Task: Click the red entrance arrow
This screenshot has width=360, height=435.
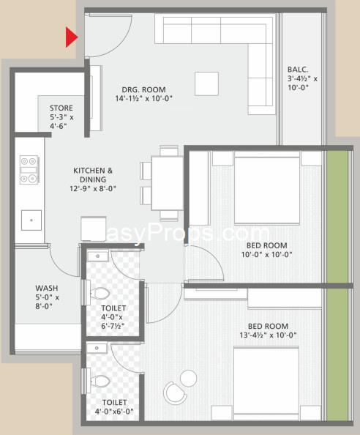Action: pyautogui.click(x=71, y=37)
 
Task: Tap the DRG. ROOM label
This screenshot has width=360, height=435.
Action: pyautogui.click(x=144, y=89)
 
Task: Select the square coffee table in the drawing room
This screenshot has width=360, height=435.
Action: pyautogui.click(x=206, y=83)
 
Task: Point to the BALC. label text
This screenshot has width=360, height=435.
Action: pyautogui.click(x=298, y=70)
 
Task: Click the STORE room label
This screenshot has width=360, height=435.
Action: pyautogui.click(x=61, y=108)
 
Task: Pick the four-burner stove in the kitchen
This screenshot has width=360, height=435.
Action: pyautogui.click(x=29, y=170)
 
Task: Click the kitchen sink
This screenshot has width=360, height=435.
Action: pyautogui.click(x=31, y=220)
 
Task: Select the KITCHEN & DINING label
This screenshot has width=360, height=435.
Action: pyautogui.click(x=93, y=175)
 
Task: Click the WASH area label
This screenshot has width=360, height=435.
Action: pyautogui.click(x=47, y=288)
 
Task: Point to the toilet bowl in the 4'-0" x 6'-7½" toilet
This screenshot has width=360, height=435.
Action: pyautogui.click(x=100, y=293)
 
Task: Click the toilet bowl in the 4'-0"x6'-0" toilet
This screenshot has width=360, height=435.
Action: pyautogui.click(x=100, y=381)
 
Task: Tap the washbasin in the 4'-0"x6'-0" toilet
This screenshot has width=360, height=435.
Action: pyautogui.click(x=97, y=348)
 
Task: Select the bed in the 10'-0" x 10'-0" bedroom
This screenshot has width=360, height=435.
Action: pyautogui.click(x=267, y=187)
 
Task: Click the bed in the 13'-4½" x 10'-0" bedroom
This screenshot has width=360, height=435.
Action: pyautogui.click(x=266, y=384)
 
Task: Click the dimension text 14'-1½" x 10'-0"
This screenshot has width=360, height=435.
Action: pyautogui.click(x=144, y=98)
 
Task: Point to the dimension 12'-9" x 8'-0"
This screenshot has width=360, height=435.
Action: pyautogui.click(x=93, y=189)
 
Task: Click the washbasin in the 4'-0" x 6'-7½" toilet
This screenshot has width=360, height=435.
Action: pyautogui.click(x=98, y=256)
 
